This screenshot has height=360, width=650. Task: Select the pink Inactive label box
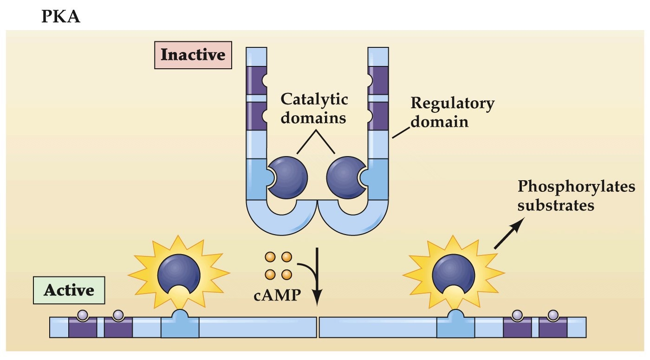pyautogui.click(x=193, y=55)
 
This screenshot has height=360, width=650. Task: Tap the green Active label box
pyautogui.click(x=69, y=291)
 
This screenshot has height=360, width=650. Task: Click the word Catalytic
pyautogui.click(x=314, y=99)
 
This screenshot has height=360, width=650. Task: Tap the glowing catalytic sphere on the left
pyautogui.click(x=179, y=275)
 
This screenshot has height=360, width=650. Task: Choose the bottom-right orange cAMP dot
pyautogui.click(x=286, y=274)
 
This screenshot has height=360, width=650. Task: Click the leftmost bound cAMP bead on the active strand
pyautogui.click(x=83, y=315)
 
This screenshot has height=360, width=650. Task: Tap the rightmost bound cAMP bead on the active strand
pyautogui.click(x=552, y=315)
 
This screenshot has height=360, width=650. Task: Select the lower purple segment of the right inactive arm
pyautogui.click(x=378, y=116)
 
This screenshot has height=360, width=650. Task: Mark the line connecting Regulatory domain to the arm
pyautogui.click(x=399, y=133)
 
